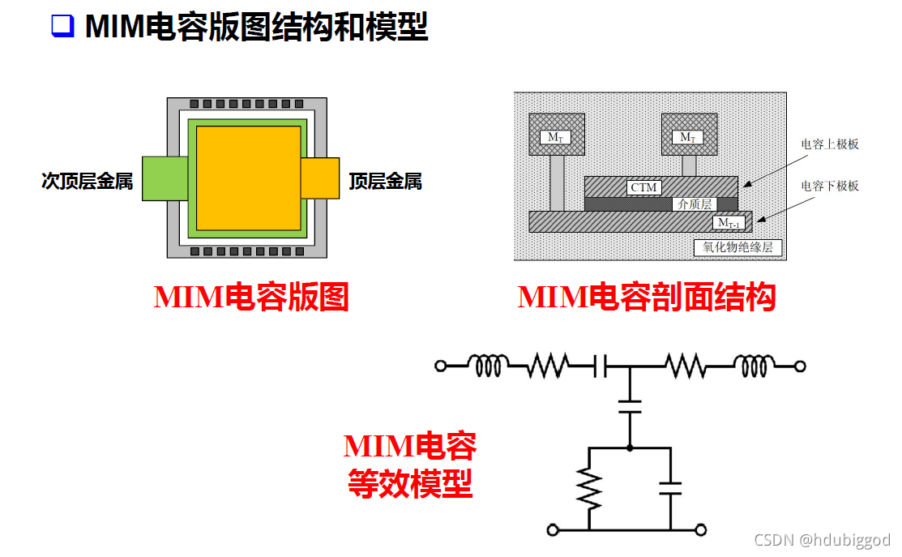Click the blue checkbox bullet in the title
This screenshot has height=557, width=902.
(62, 27)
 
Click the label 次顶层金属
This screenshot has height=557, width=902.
(87, 182)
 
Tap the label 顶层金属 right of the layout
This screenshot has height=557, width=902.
(385, 182)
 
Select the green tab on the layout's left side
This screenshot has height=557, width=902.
(165, 178)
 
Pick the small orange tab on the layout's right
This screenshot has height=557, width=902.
(320, 178)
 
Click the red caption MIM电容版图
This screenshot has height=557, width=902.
(251, 298)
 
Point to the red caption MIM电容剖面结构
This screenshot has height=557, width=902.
(647, 298)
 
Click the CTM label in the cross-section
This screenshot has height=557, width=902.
(644, 188)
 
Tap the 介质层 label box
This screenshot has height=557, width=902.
(695, 205)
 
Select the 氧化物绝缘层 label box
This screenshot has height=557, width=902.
(737, 247)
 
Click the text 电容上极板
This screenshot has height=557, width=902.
(830, 144)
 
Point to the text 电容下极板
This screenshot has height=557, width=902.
(830, 186)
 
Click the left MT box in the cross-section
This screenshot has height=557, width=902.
(555, 136)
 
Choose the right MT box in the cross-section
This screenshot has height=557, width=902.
(687, 136)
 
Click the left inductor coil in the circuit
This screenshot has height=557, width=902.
(491, 366)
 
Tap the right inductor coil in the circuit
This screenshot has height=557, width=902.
(751, 366)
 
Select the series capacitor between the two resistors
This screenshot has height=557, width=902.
(601, 366)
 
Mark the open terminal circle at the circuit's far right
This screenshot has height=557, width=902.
(800, 366)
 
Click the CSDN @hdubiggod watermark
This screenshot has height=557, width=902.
(822, 540)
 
